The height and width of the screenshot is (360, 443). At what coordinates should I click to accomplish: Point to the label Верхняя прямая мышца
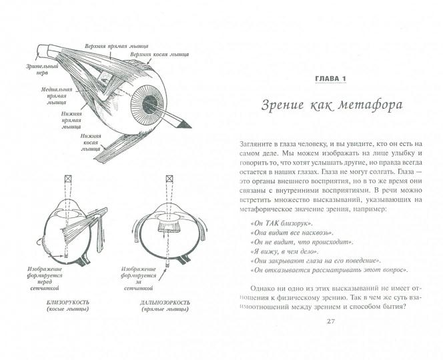tap(104, 48)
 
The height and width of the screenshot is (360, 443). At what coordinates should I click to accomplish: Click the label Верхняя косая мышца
tap(159, 53)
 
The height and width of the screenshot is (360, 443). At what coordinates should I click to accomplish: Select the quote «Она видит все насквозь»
tap(286, 230)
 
